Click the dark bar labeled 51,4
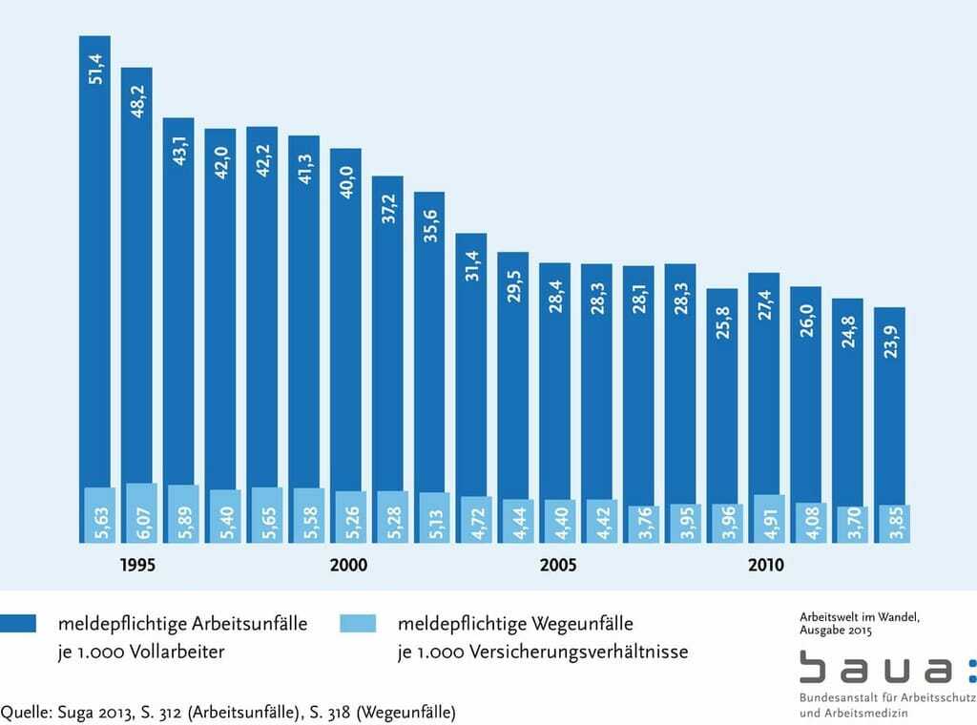tap(94, 258)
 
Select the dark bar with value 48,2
tap(136, 277)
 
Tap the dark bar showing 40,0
tap(345, 315)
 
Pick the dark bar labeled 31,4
tap(470, 362)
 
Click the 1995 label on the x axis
tap(137, 565)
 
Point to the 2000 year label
tap(348, 565)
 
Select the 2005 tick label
tap(558, 565)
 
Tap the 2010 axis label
tap(765, 565)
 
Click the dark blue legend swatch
tap(18, 624)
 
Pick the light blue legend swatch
tap(357, 624)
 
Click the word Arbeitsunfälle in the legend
tap(250, 625)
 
